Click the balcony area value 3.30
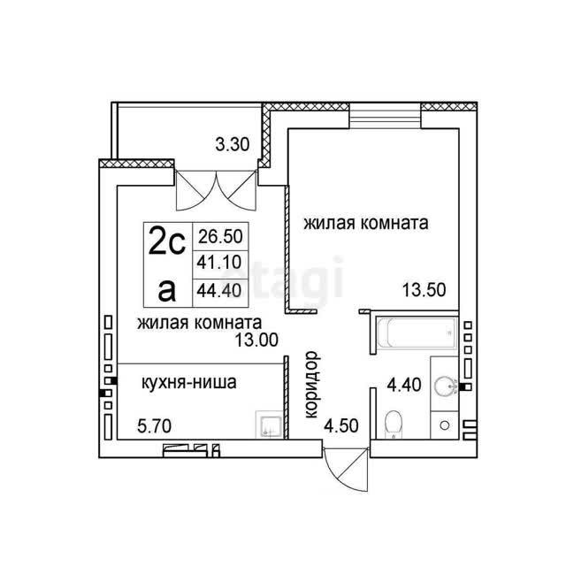233,145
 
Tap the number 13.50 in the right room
424,290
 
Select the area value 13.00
256,340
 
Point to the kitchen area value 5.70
155,426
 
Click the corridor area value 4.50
341,426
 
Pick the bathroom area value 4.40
404,385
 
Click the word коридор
312,385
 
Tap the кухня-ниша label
188,383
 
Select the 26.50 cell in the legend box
220,236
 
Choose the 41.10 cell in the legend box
220,263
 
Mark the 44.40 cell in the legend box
220,291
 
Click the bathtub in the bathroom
417,333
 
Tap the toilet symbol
393,424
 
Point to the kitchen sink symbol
269,424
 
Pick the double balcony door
216,190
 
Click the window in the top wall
386,116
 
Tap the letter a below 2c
167,291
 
